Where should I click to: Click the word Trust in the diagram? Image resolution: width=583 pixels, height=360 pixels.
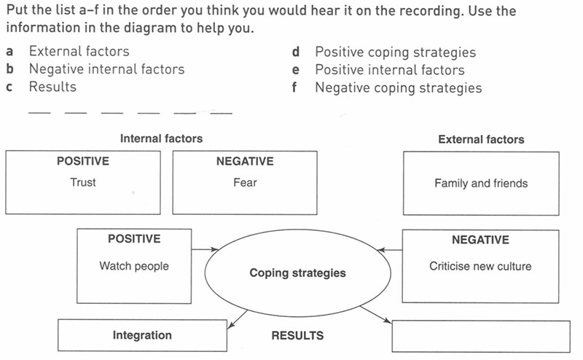tap(82, 182)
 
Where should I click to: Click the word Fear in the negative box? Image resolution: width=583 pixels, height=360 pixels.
tap(245, 182)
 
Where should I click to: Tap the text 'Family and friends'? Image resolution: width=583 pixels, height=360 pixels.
tap(481, 183)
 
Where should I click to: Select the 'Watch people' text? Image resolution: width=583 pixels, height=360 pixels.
tap(134, 266)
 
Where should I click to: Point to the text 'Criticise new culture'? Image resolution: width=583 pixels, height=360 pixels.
tap(480, 266)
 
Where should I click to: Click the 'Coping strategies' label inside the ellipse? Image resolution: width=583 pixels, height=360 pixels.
tap(297, 273)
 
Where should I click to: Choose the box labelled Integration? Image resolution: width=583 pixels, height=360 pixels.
tap(142, 335)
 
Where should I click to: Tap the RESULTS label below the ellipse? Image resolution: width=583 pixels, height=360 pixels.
tap(297, 336)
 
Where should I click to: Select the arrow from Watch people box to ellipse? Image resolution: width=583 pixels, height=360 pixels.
tap(205, 249)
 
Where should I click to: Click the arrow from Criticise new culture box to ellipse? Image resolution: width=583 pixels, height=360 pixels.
tap(391, 250)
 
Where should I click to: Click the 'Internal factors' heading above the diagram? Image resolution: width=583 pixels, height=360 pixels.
tap(161, 138)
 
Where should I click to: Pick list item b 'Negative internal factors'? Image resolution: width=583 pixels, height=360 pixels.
tap(106, 69)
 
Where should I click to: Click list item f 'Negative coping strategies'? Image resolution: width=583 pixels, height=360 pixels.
tap(398, 87)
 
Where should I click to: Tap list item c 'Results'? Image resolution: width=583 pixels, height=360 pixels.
tap(52, 87)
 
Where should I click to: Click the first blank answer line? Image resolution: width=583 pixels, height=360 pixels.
tap(39, 112)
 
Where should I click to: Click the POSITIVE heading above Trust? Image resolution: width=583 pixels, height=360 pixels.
tap(82, 161)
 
